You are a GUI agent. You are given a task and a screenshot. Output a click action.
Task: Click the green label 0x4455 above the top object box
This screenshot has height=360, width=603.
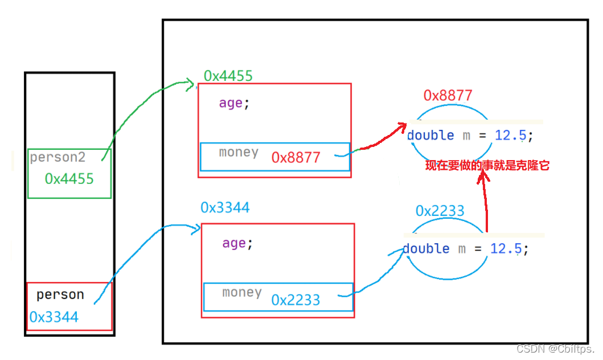click(x=228, y=76)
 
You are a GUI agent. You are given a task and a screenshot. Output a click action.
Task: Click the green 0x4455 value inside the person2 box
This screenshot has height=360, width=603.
click(x=69, y=179)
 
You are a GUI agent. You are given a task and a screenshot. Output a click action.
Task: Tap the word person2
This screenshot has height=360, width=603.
click(x=58, y=157)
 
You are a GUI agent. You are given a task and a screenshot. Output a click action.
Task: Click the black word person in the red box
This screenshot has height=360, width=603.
click(x=60, y=294)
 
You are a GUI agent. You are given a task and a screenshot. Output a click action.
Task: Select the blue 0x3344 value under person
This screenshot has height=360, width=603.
click(x=54, y=317)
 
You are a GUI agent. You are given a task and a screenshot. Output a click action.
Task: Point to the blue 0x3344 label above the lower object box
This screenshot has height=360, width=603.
click(x=225, y=208)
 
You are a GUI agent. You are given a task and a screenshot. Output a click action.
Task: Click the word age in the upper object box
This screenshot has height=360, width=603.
click(x=231, y=103)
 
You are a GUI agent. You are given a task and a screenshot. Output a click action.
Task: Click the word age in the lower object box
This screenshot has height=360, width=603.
click(x=234, y=243)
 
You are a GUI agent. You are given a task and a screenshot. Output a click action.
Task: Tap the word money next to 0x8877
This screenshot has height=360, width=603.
click(x=239, y=152)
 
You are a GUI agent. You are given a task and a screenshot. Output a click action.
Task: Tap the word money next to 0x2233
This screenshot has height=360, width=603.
click(x=242, y=293)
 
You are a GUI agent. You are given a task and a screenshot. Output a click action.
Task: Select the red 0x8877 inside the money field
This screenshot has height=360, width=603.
click(x=296, y=157)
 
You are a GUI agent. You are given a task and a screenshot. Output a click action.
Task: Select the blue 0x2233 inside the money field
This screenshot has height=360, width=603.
click(x=296, y=300)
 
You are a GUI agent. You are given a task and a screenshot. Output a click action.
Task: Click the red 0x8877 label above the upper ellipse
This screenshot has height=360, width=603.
click(x=448, y=95)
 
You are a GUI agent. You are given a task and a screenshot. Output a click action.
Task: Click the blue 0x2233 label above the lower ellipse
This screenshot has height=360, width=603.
click(x=440, y=211)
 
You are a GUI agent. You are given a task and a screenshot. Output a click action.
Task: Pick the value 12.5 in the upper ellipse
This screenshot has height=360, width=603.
click(x=510, y=136)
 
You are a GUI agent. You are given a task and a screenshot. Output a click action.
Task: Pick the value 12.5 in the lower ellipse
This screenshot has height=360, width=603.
click(x=506, y=249)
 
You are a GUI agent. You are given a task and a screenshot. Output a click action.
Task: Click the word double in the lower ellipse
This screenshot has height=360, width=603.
click(x=426, y=249)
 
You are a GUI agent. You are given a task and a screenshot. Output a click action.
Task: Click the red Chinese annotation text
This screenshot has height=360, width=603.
click(x=487, y=166)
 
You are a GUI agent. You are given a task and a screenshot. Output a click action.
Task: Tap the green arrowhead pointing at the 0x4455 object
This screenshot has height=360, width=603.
click(x=190, y=84)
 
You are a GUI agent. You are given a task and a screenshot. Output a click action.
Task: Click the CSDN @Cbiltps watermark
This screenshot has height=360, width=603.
click(x=555, y=349)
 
